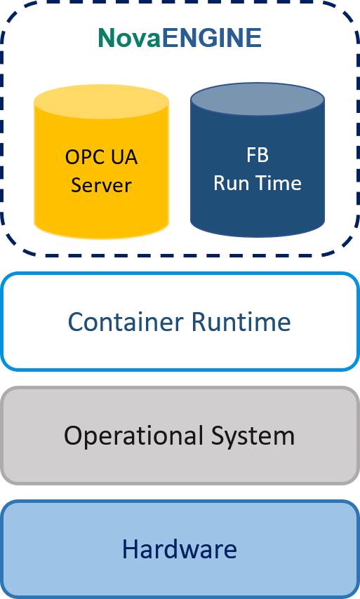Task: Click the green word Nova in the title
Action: (130, 38)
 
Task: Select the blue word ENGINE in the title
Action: (212, 38)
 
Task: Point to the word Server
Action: (101, 185)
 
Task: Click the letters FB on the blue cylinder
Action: (258, 155)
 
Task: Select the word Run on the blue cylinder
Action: (231, 183)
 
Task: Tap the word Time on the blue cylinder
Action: (279, 183)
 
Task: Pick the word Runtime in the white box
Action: (241, 322)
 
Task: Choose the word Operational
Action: (133, 436)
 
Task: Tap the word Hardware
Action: (180, 549)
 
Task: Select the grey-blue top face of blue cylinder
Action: (258, 100)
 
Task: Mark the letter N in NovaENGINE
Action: (106, 38)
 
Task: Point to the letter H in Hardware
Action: (130, 549)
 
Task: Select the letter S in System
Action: (218, 436)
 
